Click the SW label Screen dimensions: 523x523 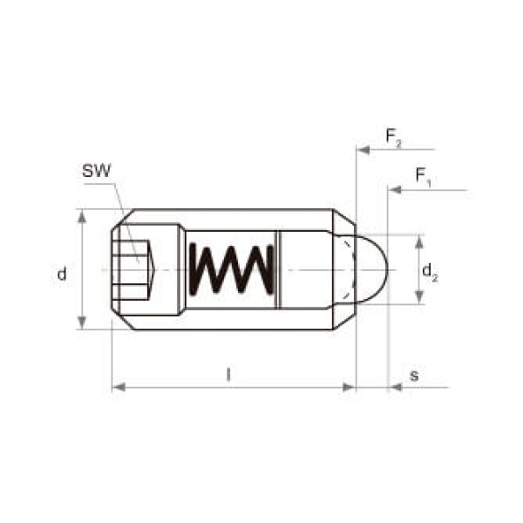tap(96, 171)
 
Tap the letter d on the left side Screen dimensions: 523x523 tap(62, 274)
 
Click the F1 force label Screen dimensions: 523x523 tap(424, 177)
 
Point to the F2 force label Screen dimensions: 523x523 tap(394, 138)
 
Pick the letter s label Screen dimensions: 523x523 tap(414, 376)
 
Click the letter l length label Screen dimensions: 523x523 tap(228, 374)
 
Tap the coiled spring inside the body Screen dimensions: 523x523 tap(232, 269)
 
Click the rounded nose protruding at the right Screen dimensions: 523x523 tap(371, 269)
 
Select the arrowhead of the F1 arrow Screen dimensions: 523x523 tap(394, 190)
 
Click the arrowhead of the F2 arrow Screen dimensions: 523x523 tap(363, 150)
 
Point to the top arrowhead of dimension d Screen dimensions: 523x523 tap(82, 216)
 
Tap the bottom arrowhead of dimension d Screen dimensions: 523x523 tap(82, 323)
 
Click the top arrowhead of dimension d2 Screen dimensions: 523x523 tap(419, 241)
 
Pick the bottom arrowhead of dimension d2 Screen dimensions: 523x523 tap(419, 297)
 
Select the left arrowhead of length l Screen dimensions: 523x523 tap(119, 387)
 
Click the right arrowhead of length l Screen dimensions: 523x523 tap(349, 387)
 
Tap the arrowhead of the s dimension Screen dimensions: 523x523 tap(395, 387)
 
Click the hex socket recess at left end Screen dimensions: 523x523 tap(133, 269)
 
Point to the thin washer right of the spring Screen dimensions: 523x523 tap(277, 269)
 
